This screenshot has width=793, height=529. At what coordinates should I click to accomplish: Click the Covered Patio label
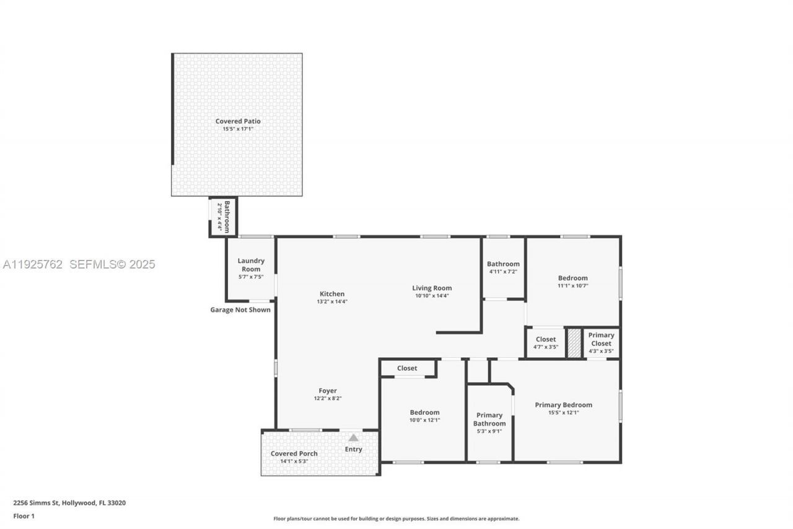tap(238, 122)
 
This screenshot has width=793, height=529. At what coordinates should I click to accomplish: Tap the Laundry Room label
tap(251, 265)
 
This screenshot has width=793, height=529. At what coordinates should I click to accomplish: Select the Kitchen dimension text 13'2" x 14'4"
tap(331, 302)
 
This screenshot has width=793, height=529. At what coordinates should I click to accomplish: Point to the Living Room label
tap(432, 288)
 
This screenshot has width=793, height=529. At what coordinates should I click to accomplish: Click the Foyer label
tap(328, 391)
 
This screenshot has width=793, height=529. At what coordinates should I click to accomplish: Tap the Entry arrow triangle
tap(353, 437)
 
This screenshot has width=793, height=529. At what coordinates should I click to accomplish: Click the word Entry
tap(353, 450)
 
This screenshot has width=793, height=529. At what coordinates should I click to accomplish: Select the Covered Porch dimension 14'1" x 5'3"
tap(294, 461)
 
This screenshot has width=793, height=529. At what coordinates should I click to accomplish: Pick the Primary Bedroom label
tap(563, 405)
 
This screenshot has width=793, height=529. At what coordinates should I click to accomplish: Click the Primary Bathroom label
tap(489, 419)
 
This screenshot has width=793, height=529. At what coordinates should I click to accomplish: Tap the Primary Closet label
tap(601, 339)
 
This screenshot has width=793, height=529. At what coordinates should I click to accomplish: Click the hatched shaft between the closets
tap(574, 343)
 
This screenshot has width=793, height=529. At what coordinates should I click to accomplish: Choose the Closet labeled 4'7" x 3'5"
tap(546, 343)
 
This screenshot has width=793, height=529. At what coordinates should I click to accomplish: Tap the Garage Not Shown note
tap(240, 309)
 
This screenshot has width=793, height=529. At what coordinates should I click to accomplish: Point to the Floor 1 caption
tap(24, 516)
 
